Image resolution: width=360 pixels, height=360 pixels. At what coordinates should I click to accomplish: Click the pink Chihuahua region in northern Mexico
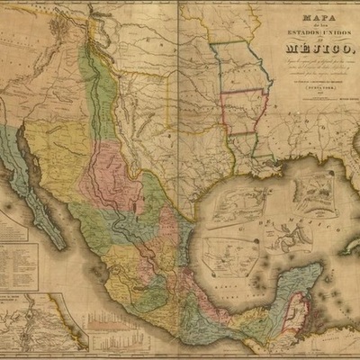pos(108,171)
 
